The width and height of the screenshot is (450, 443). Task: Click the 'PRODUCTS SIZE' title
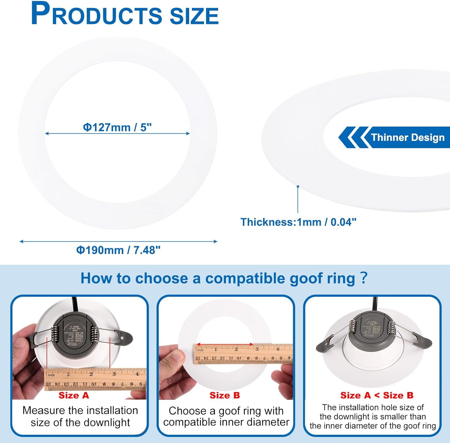click(x=124, y=14)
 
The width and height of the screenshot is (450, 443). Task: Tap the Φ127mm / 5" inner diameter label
click(x=117, y=127)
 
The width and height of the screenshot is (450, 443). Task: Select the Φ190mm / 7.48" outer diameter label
click(x=118, y=250)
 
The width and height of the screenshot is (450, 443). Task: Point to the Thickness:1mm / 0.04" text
click(x=298, y=222)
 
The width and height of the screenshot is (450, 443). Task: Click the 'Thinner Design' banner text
click(x=407, y=137)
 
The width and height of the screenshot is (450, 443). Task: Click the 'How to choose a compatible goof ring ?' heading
click(x=224, y=278)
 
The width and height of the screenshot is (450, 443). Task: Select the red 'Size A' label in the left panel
click(x=74, y=395)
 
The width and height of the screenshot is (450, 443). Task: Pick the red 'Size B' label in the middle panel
click(x=225, y=395)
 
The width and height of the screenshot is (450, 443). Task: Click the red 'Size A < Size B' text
click(x=377, y=395)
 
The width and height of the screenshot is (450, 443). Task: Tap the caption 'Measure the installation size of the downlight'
click(x=80, y=416)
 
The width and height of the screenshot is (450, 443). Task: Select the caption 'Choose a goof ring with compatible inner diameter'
click(x=226, y=416)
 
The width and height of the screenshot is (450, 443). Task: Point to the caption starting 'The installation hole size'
click(x=373, y=416)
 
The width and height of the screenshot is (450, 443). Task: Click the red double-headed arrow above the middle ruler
click(x=225, y=345)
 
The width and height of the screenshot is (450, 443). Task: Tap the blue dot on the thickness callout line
click(x=298, y=186)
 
